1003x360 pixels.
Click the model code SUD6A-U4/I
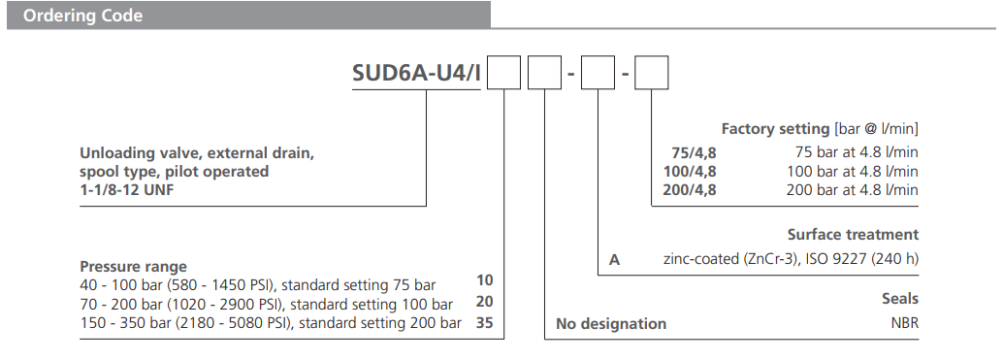pyautogui.click(x=417, y=75)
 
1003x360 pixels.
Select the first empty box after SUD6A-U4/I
pyautogui.click(x=503, y=75)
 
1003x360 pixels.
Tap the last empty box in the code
pyautogui.click(x=650, y=75)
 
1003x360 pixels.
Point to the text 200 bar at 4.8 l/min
pyautogui.click(x=852, y=189)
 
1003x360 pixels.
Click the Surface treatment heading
pyautogui.click(x=853, y=235)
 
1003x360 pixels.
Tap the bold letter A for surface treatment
pyautogui.click(x=614, y=259)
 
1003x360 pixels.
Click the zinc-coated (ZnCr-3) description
pyautogui.click(x=791, y=259)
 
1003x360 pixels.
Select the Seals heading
pyautogui.click(x=898, y=299)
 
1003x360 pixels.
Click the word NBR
pyautogui.click(x=902, y=323)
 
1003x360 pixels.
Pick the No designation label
pyautogui.click(x=611, y=323)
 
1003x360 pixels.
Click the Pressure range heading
pyautogui.click(x=133, y=267)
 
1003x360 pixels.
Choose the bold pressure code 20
pyautogui.click(x=485, y=302)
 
